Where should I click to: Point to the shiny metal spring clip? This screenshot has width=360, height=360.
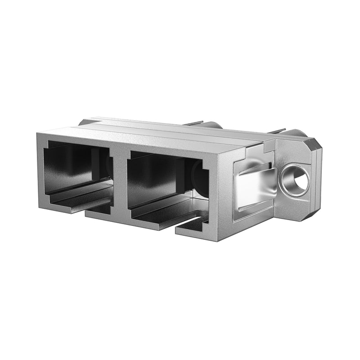[x=254, y=187]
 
